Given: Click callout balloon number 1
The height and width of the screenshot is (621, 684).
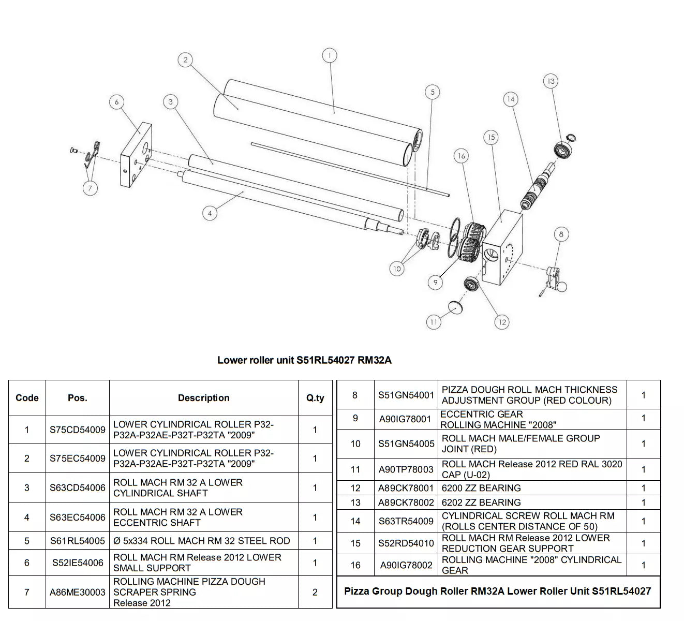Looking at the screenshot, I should coord(329,55).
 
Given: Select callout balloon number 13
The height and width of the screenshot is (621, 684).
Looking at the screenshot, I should coord(551,81).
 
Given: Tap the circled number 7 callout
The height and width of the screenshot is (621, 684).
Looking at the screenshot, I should coord(90,188).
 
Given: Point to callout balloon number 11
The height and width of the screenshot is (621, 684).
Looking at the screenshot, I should coord(434,322).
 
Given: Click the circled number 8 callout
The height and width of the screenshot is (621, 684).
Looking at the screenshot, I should coord(561,234).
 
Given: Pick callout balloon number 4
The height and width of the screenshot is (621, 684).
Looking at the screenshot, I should coord(210,213).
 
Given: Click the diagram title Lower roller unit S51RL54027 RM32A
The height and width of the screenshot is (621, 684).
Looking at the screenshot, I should coord(304,360).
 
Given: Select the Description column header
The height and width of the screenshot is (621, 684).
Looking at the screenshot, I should coord(203,398).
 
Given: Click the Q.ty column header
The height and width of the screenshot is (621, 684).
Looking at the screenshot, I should coord(315,398).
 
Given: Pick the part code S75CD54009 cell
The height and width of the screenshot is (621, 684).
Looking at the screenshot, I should coord(78,430).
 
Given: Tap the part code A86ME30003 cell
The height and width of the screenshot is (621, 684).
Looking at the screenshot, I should coord(78,592).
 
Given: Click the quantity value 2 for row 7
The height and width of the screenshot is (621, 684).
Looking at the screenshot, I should coord(315,592).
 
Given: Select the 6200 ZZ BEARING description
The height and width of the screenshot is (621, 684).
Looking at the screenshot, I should coord(481,488).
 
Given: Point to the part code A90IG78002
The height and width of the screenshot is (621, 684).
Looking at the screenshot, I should coord(406,565).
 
